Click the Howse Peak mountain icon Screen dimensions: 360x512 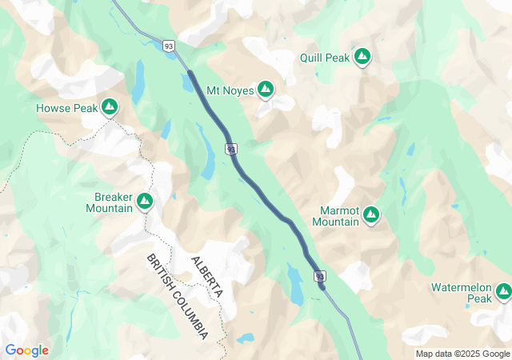pos(110,106)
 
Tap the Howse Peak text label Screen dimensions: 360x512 pos(66,107)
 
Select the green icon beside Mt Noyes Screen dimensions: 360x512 pos(266,90)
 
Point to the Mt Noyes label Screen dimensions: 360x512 pos(230,90)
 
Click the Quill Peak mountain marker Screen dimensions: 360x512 pos(362,57)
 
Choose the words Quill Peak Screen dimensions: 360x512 pos(325,57)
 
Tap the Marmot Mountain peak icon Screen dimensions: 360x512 pos(371,214)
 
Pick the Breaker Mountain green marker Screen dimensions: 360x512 pos(145,201)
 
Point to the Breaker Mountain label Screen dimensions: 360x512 pos(110,202)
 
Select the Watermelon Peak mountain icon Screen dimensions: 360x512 pos(503,292)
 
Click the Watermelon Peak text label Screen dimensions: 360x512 pos(461,292)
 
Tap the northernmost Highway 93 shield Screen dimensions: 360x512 pos(169,45)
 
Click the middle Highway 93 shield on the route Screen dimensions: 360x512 pos(230,149)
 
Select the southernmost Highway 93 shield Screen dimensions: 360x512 pos(320,277)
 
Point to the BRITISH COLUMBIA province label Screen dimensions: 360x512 pos(178,296)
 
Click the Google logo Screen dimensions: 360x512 pos(26,350)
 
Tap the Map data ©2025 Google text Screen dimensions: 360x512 pos(462,354)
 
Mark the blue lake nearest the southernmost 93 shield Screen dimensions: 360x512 pos(295,286)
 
